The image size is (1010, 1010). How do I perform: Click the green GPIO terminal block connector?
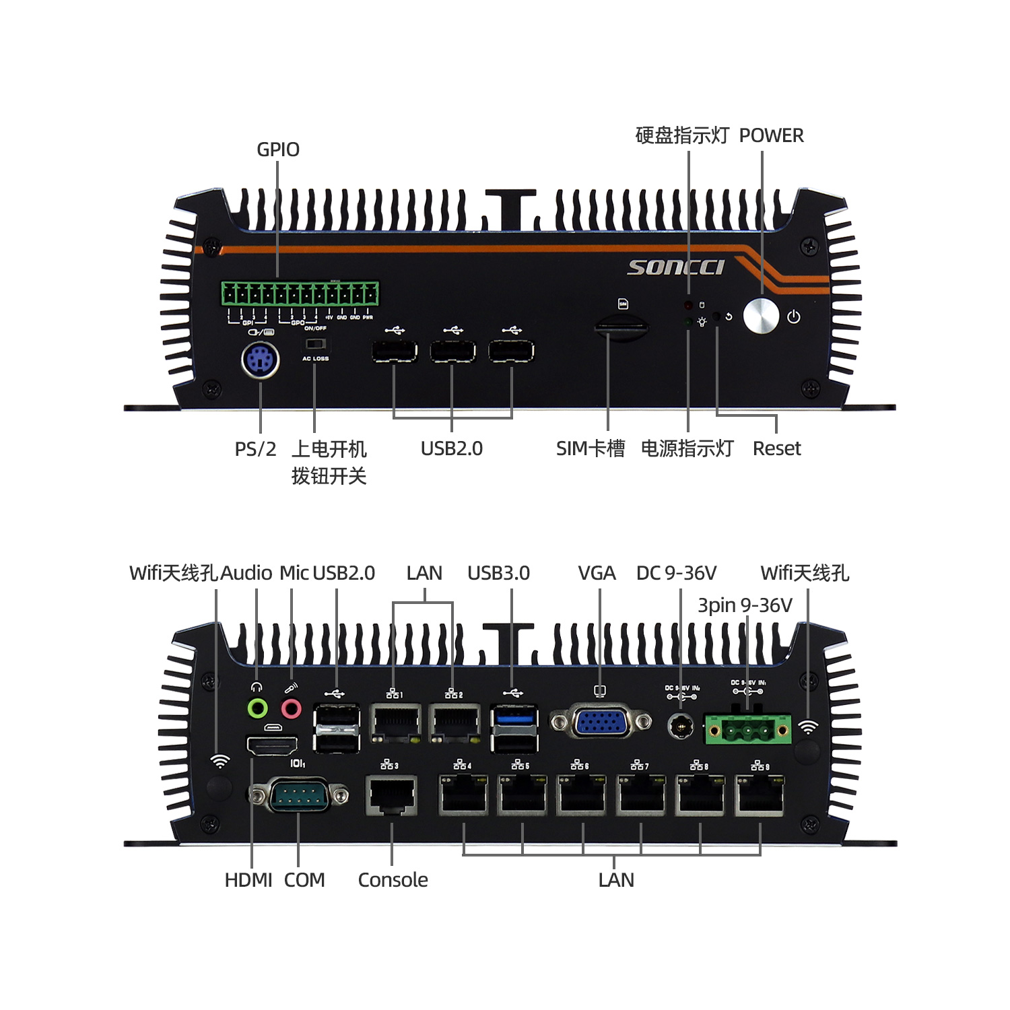coord(300,294)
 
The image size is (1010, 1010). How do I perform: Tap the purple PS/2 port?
coord(261,361)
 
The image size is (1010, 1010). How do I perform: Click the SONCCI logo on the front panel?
coord(675,267)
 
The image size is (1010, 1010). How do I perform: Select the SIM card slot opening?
coord(621,329)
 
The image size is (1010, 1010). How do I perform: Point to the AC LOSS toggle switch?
coord(314,344)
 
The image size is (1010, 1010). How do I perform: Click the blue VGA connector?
coord(601,722)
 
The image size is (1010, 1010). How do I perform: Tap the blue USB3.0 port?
coord(514,716)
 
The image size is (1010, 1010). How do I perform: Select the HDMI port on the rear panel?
coord(273,745)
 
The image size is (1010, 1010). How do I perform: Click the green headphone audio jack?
coord(257,708)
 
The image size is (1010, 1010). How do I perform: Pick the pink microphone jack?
coord(291,708)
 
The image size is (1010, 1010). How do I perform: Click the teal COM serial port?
coord(298,795)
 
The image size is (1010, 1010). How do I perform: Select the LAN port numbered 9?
coord(760,795)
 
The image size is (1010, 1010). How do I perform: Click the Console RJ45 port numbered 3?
coord(391,795)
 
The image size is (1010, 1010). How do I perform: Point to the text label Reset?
coord(776,448)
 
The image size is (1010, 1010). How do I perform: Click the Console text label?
coord(393,880)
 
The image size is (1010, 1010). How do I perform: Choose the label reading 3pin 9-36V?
coord(745,605)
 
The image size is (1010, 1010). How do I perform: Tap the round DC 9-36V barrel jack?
coord(680,727)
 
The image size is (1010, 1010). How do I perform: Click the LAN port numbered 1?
coord(395,722)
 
